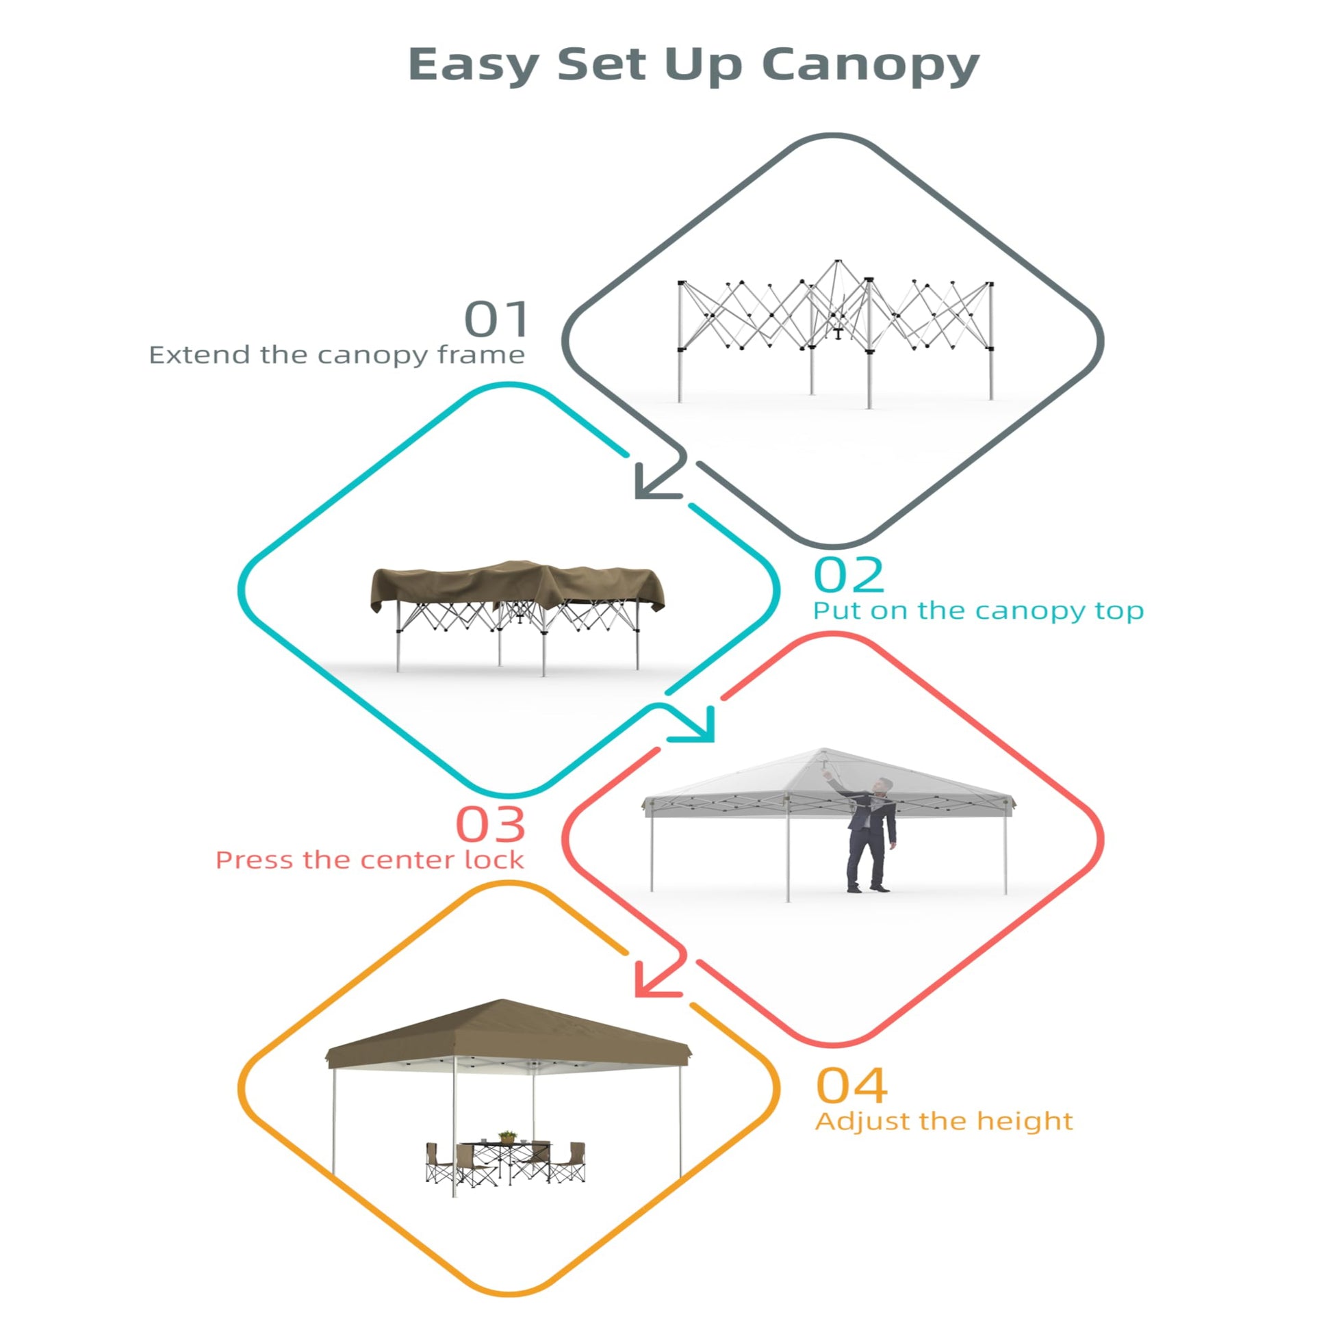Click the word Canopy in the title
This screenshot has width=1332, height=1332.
[x=870, y=66]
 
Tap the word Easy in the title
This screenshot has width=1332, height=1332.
[x=474, y=66]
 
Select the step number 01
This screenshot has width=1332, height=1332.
[x=496, y=318]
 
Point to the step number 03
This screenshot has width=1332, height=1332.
[x=491, y=824]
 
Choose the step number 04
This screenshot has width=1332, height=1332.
[x=851, y=1086]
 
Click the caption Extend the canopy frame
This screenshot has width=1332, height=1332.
[x=337, y=356]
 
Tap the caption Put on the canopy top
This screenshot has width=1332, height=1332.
[x=978, y=611]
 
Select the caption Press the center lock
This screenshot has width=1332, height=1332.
[x=370, y=860]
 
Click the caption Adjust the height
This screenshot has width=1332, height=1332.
[x=944, y=1121]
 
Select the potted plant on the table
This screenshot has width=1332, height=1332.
[x=507, y=1137]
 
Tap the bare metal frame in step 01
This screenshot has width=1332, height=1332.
[x=836, y=331]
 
